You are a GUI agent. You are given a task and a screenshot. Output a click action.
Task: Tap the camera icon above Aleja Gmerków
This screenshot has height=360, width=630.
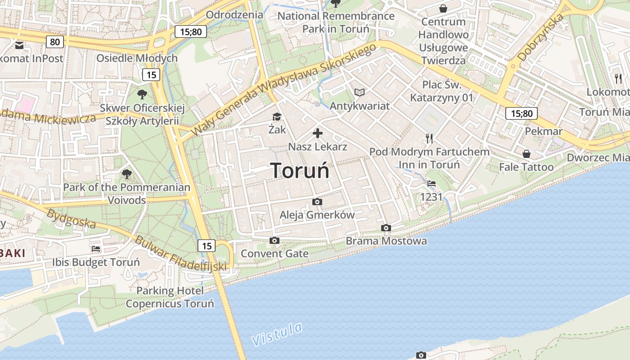coord(317,202)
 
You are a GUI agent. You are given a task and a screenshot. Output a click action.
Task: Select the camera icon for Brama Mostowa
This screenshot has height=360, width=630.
coord(386,228)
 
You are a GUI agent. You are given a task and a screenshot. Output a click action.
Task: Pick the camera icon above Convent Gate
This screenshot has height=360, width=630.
coord(274,241)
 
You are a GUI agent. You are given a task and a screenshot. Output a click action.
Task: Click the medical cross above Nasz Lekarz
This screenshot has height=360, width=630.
coord(318,133)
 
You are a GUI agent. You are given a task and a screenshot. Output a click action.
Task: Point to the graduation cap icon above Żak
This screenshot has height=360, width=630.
coord(276,117)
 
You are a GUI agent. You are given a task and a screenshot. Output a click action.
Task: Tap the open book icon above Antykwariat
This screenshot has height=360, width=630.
coord(359,92)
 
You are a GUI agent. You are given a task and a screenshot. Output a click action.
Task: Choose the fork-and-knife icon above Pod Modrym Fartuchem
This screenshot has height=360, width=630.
coord(429,138)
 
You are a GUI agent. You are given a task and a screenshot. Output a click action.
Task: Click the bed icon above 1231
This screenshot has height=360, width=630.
coord(432,184)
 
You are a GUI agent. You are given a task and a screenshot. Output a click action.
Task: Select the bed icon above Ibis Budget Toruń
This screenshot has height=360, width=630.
coord(96,248)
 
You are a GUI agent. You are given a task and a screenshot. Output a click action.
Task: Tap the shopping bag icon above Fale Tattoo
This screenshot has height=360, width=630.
coord(526,154)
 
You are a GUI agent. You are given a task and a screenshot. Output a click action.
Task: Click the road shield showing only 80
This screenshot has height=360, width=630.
coord(54,42)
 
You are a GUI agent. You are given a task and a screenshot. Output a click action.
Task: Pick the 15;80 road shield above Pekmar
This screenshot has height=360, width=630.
coord(522,113)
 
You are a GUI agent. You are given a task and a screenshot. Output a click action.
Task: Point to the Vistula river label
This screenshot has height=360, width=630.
coord(277,334)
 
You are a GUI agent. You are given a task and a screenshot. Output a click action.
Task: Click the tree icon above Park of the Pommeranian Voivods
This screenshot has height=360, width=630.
coord(127,174)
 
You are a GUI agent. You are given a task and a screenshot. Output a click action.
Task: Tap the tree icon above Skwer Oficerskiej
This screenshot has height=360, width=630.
coord(142,94)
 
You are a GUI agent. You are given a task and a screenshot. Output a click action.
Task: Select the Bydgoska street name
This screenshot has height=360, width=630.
coord(71,218)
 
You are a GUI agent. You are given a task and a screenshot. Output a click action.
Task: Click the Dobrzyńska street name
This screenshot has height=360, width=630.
coord(541,38)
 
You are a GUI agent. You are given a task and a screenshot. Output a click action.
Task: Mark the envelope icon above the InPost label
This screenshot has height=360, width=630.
coord(19,45)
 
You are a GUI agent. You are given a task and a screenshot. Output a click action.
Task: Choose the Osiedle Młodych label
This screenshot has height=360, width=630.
coord(137,58)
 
